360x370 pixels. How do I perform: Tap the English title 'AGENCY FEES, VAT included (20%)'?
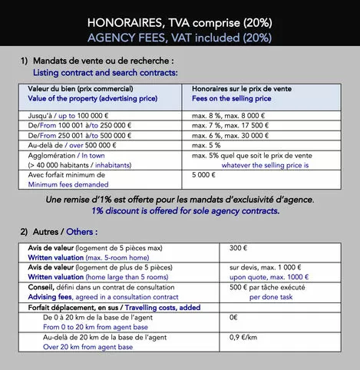coord(180,36)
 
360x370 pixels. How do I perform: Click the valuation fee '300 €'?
coord(239,249)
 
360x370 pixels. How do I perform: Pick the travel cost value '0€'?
coord(234,315)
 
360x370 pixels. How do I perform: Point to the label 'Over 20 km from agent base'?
coord(88,347)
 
